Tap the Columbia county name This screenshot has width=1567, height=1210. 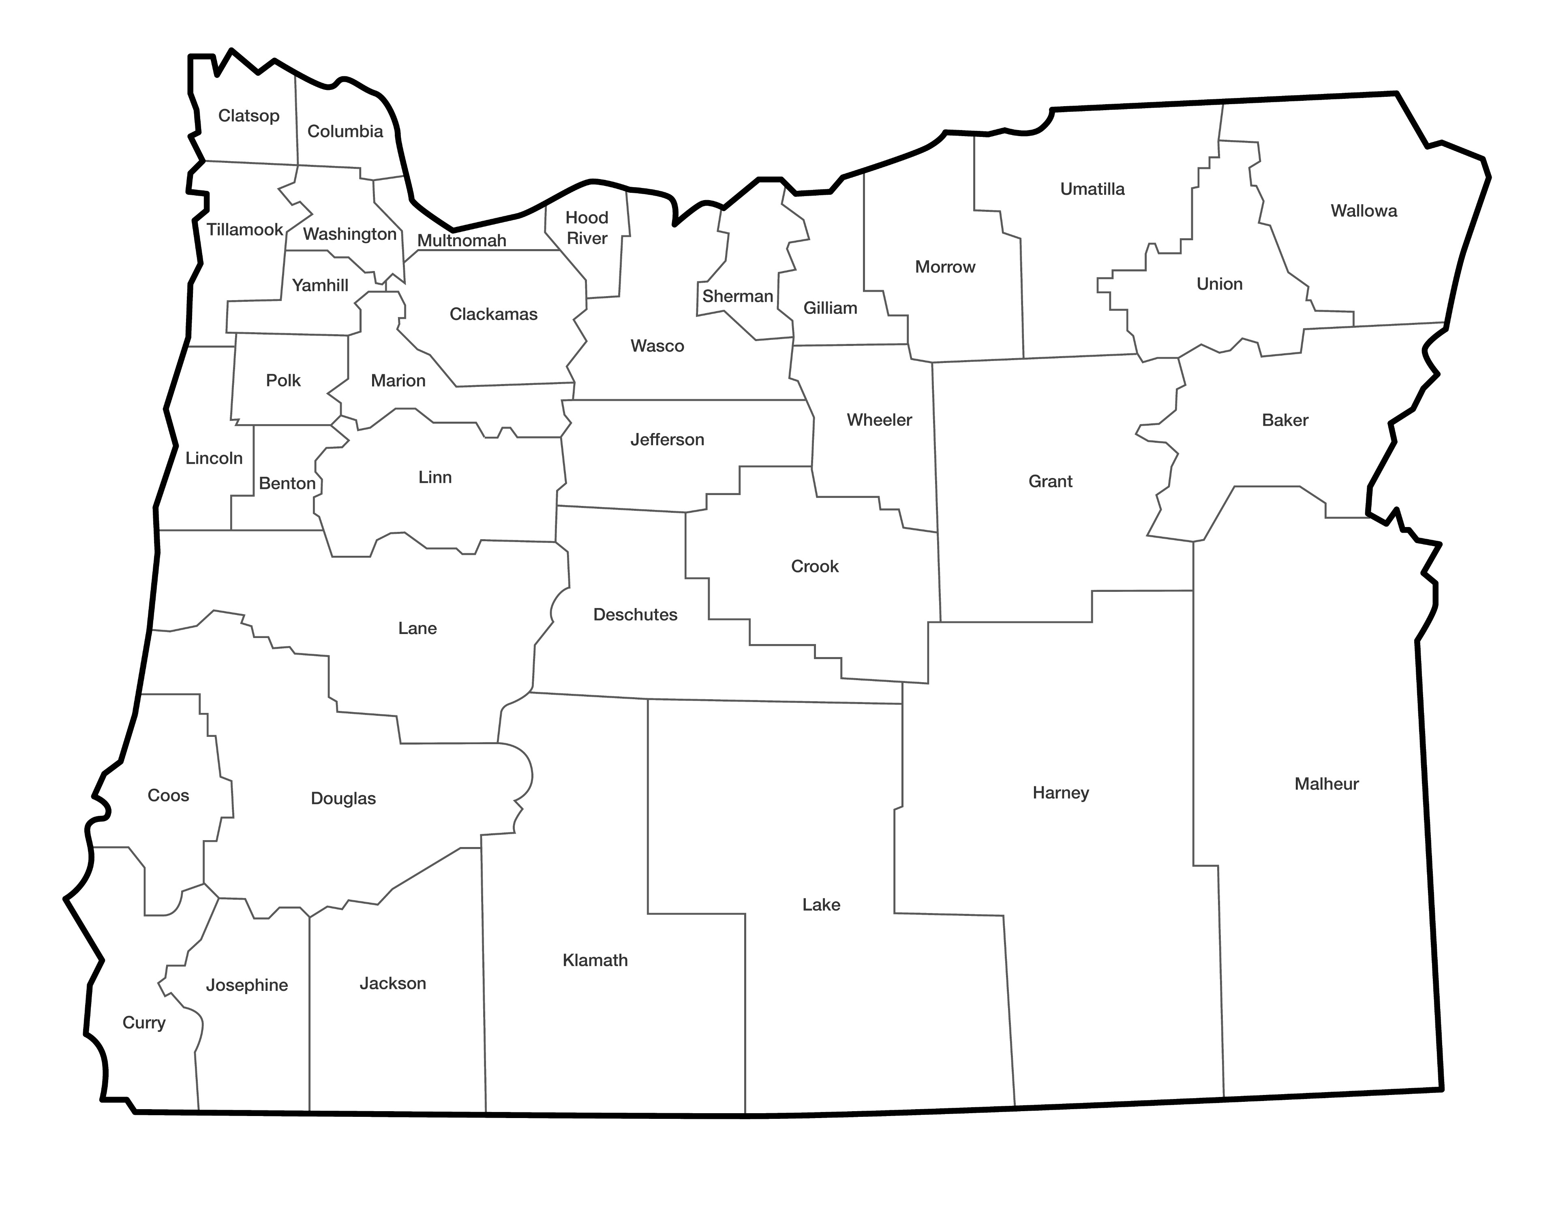345,131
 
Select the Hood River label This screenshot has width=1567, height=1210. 587,228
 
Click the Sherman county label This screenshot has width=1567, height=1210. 738,296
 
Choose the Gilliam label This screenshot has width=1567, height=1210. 830,308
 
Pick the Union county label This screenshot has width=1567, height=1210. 1219,284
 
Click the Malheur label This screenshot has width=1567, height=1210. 1326,784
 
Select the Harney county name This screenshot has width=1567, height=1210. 1060,793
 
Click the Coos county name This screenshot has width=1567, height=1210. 168,796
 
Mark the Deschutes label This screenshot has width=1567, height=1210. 635,615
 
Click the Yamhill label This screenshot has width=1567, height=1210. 320,286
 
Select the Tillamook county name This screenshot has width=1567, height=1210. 245,230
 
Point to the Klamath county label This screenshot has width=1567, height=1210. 595,960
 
